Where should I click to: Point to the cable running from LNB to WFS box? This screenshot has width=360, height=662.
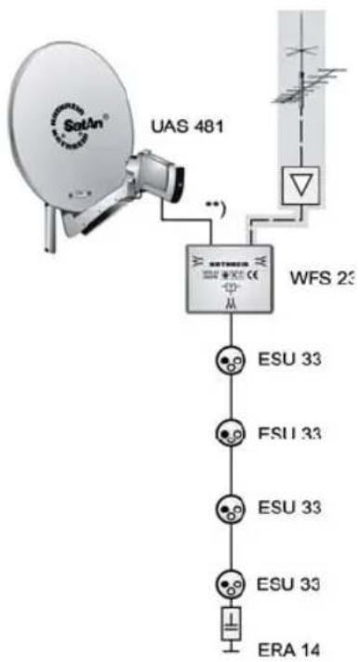pos(191,219)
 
